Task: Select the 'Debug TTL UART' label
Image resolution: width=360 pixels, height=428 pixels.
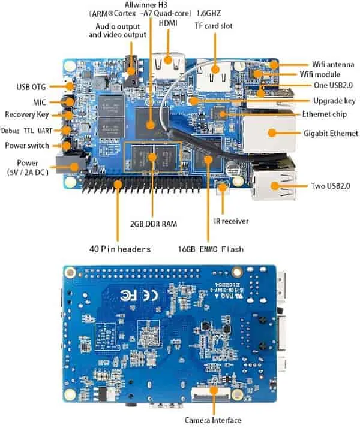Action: coord(28,130)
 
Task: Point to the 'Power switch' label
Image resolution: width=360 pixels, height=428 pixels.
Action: coord(27,145)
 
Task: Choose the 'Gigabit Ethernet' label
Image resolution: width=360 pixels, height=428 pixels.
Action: coord(331,133)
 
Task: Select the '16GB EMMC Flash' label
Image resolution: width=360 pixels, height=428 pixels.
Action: coord(210,248)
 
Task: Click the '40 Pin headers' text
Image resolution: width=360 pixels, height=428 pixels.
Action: coord(120,248)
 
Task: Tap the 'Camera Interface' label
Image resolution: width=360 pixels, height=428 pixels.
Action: coord(212,420)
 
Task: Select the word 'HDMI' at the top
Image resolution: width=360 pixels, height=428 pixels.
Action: coord(168,23)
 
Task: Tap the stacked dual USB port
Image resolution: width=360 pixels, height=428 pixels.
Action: coord(273,179)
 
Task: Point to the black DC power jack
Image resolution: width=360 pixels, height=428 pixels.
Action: coord(69,162)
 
